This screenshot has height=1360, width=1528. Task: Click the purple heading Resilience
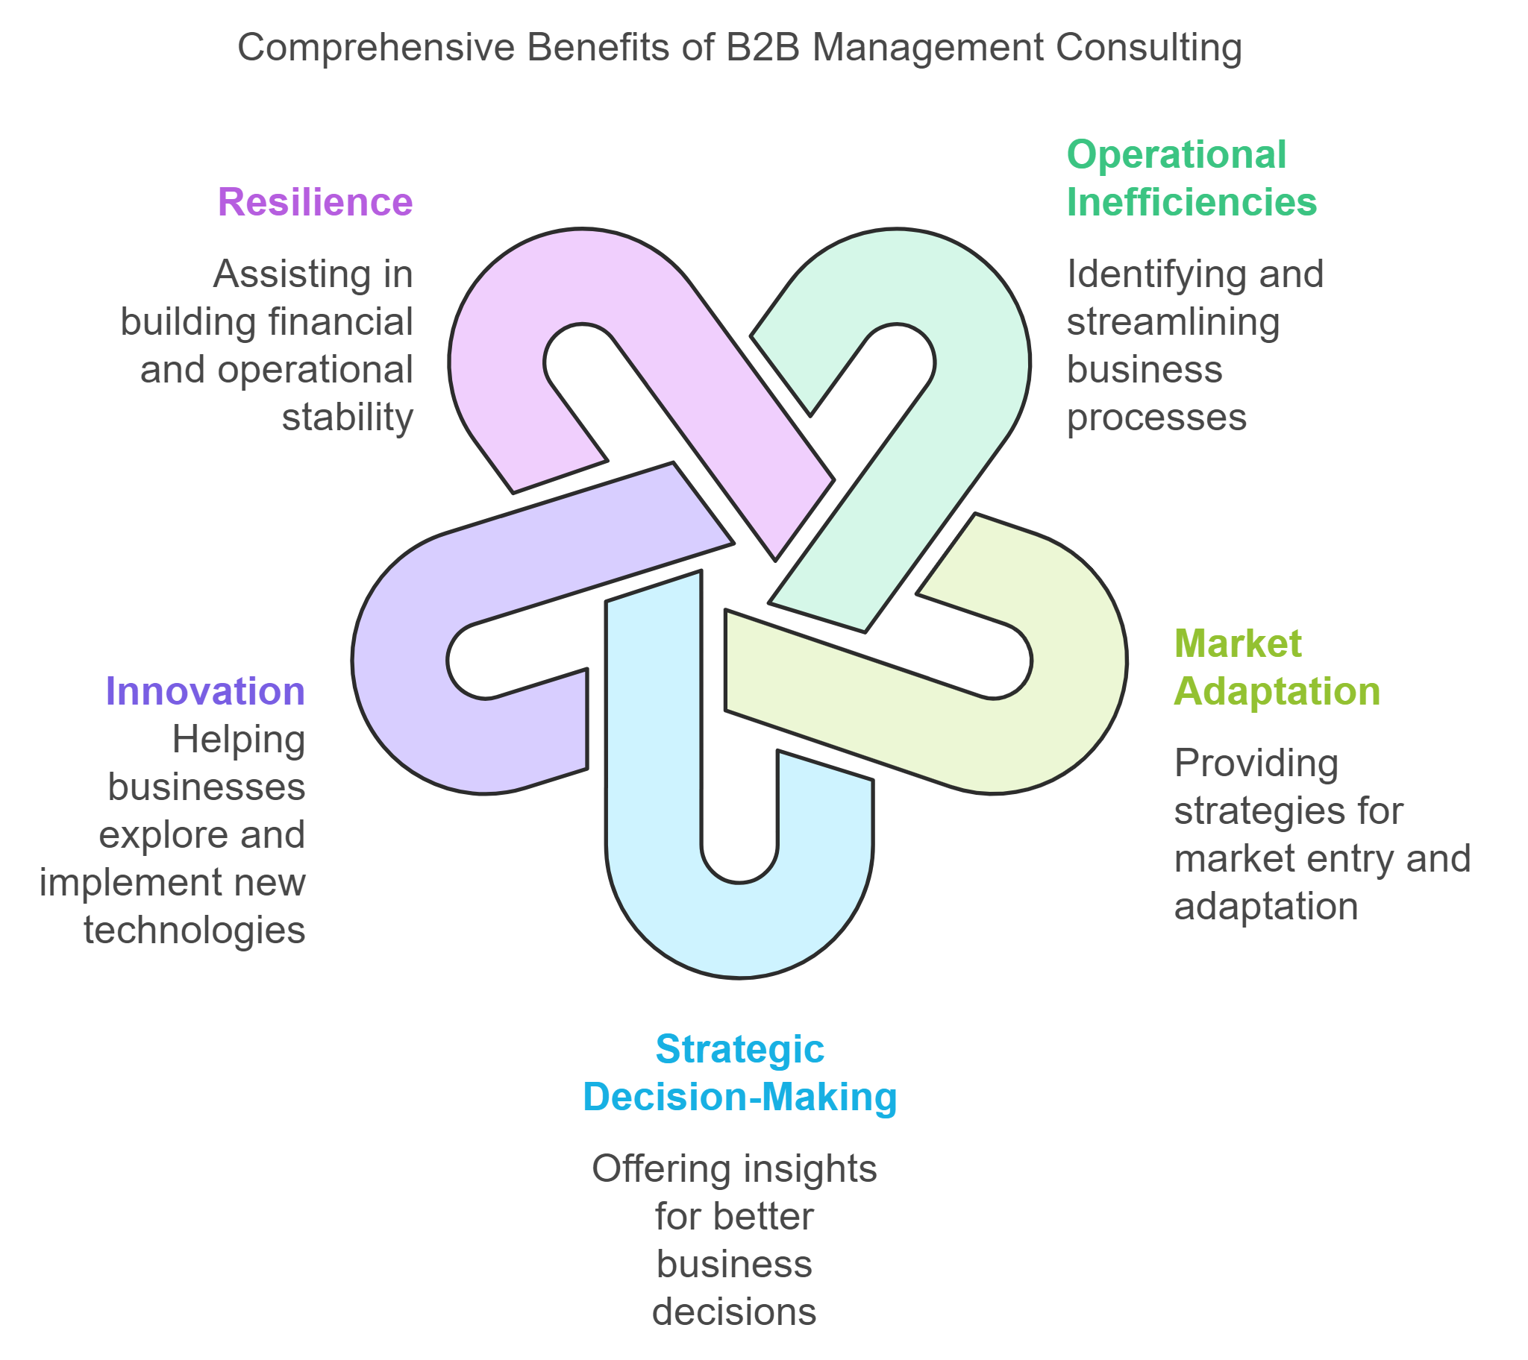[x=315, y=202]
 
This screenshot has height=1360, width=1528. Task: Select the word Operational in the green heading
[x=1176, y=154]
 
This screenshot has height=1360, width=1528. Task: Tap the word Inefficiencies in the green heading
[x=1191, y=202]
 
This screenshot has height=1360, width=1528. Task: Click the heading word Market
[x=1237, y=643]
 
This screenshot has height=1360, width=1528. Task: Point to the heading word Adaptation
[x=1276, y=691]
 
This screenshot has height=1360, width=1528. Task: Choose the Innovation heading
[x=206, y=691]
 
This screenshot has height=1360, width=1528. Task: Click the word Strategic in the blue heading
[x=739, y=1049]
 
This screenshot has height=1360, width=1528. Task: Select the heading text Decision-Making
[x=739, y=1097]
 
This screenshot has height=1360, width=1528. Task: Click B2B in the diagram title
[x=762, y=47]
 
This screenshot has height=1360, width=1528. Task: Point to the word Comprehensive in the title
[x=376, y=47]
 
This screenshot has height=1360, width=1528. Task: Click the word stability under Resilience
[x=347, y=417]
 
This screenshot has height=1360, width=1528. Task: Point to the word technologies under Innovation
[x=195, y=931]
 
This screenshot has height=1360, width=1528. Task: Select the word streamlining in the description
[x=1172, y=322]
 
